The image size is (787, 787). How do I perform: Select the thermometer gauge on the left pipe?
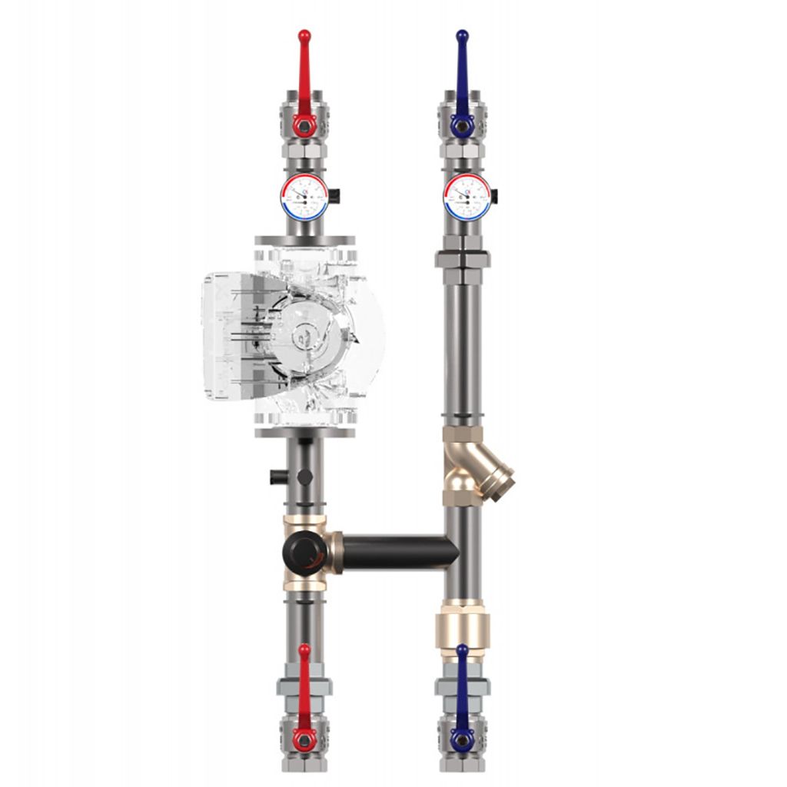[x=304, y=197]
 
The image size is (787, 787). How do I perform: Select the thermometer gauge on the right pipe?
[x=467, y=197]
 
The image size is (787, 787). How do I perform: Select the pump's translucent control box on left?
[x=231, y=337]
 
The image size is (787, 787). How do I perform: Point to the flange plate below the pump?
[x=304, y=433]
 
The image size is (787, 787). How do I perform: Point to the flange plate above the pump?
[x=304, y=240]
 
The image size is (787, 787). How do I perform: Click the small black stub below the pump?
[x=278, y=477]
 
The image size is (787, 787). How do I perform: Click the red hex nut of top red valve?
[x=304, y=125]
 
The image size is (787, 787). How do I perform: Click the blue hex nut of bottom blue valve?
[x=461, y=739]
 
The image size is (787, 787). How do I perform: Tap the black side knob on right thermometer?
[x=494, y=197]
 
